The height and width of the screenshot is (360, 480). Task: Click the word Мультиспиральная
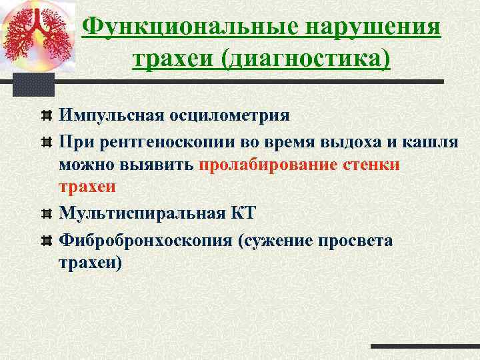click(145, 213)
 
